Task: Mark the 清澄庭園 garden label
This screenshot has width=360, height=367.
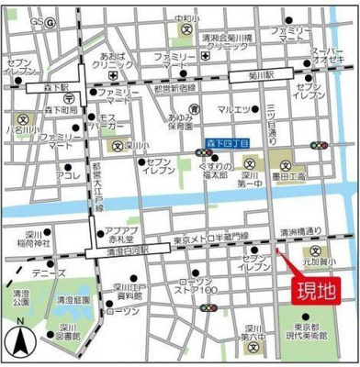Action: pos(71,300)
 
